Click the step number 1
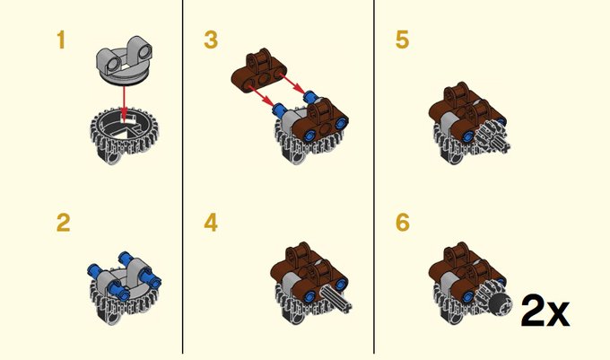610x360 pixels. pos(61,40)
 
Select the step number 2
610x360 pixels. pos(63,223)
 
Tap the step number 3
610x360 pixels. pos(211,40)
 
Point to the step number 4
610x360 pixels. pos(211,223)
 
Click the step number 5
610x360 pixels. pos(402,40)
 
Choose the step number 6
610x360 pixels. pos(402,223)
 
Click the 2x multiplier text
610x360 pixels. pos(545,311)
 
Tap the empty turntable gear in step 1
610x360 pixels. pos(123,135)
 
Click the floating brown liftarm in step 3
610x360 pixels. pos(258,71)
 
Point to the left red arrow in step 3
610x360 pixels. pos(260,95)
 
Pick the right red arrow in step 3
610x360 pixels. pos(292,85)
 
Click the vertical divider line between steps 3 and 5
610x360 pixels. pos(374,177)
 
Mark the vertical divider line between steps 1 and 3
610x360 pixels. pos(182,177)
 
